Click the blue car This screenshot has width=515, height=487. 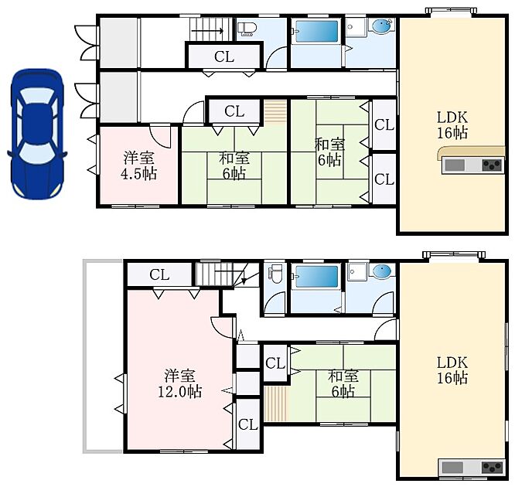point(37,134)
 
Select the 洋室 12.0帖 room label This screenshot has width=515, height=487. point(180,383)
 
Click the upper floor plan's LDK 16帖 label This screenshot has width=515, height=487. point(452,125)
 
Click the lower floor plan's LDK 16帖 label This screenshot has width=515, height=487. point(452,370)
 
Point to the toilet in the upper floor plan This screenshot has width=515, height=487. point(247,29)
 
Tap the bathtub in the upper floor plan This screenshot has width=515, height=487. point(316,31)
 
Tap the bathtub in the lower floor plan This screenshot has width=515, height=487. point(316,277)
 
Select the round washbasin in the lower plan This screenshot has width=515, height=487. point(382,271)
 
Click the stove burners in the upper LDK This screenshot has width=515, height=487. point(492,165)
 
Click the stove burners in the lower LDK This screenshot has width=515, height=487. point(492,467)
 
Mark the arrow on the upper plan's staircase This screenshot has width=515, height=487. point(207,31)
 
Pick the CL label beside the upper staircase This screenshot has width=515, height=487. point(224,56)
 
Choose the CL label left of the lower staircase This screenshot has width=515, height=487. point(159,274)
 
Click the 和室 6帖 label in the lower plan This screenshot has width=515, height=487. point(343,383)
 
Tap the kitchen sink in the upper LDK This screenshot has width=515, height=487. point(455,165)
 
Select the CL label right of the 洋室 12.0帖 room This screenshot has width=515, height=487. point(248,424)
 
